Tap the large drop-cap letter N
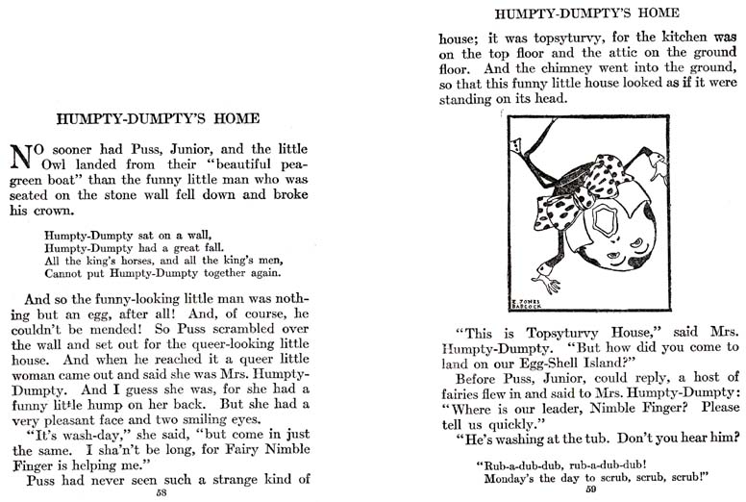coord(22,156)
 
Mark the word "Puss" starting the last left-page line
coord(44,477)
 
